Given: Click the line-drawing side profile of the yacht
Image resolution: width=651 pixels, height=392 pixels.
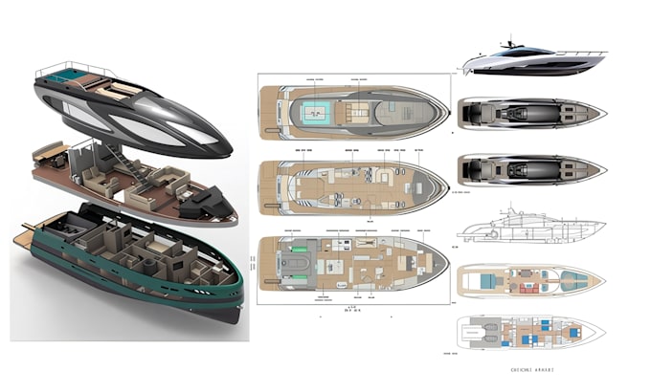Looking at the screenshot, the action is point(531,229).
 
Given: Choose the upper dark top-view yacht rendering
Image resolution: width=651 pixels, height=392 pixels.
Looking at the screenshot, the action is point(531,113).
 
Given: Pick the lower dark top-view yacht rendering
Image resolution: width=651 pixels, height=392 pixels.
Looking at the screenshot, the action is point(531,170).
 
